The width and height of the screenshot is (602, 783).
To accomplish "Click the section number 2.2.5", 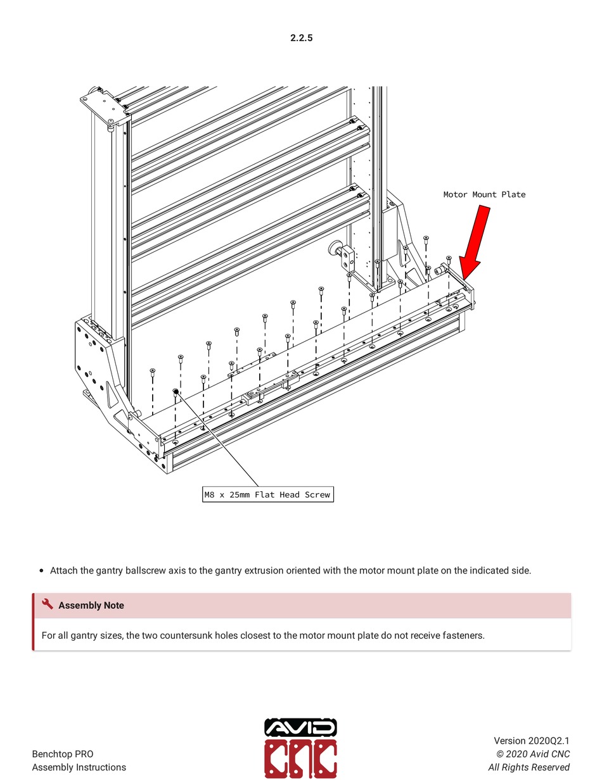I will (301, 38).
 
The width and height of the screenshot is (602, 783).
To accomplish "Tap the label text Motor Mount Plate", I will (484, 194).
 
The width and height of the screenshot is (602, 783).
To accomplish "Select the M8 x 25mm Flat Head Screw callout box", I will (267, 494).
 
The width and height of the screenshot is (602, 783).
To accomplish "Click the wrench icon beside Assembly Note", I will (48, 604).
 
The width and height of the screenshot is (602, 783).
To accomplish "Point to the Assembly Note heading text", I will (91, 606).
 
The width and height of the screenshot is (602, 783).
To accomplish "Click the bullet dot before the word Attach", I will (41, 570).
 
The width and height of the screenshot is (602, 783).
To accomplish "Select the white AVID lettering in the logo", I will (300, 729).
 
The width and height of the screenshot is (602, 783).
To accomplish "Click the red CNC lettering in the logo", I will (300, 760).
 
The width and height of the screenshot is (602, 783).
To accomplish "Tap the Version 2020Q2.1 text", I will (532, 741).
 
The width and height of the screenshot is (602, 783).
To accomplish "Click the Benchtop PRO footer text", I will (63, 754).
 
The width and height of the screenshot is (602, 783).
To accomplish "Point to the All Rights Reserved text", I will (528, 767).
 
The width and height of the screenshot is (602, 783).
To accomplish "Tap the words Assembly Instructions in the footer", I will (79, 767).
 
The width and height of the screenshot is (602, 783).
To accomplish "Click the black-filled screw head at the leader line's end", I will (175, 392).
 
